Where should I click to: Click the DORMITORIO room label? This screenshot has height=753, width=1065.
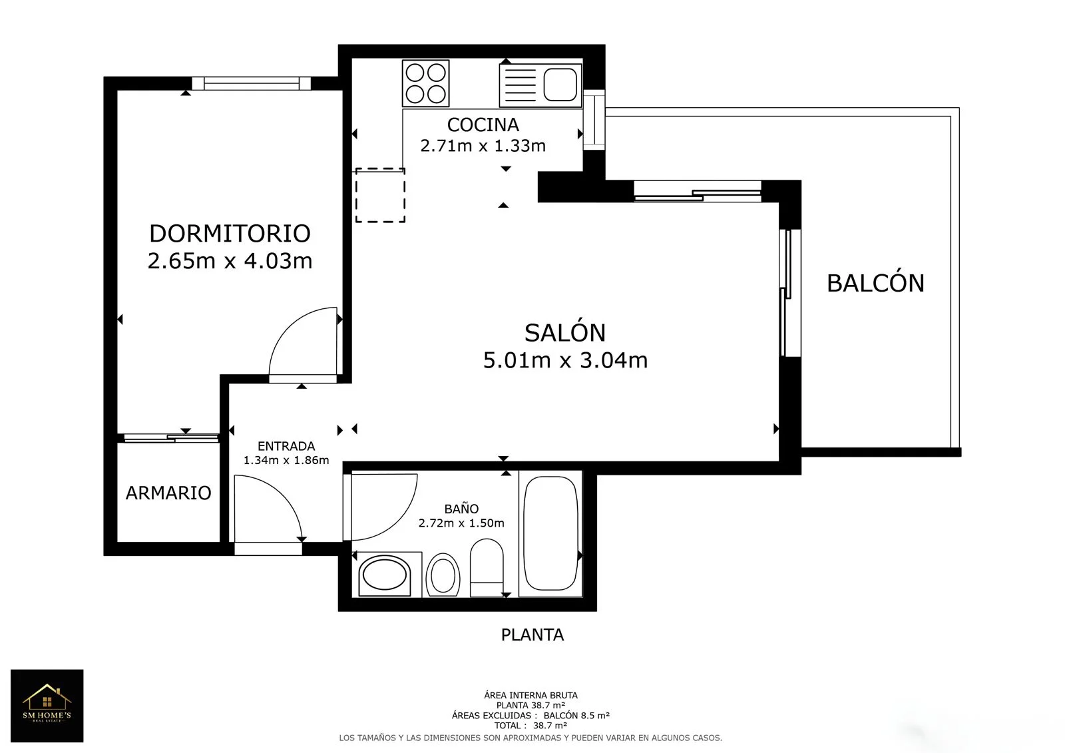[230, 234]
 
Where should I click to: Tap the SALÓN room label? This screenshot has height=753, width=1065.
[565, 332]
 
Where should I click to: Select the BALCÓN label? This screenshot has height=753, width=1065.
[875, 282]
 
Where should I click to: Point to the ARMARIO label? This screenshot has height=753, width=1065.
[168, 493]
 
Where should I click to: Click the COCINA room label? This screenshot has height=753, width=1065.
[483, 125]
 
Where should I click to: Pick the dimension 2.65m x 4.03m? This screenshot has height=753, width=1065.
[230, 261]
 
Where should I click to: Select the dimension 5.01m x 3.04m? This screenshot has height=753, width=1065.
[565, 360]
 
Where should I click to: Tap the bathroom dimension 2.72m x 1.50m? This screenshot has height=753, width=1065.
[461, 523]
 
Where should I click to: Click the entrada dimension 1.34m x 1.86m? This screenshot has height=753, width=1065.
[286, 460]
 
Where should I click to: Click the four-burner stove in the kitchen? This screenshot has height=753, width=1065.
[425, 83]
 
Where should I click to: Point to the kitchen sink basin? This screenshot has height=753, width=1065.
[560, 85]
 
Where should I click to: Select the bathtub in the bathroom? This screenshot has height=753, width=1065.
[550, 533]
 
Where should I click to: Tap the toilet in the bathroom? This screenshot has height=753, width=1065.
[487, 567]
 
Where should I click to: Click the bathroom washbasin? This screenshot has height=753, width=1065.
[385, 575]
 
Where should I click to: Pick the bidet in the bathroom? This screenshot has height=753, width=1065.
[443, 575]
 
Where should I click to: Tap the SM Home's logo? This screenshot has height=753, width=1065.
[47, 706]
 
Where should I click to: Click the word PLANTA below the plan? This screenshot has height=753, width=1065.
[532, 635]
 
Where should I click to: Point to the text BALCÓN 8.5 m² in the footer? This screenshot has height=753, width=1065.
[576, 716]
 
